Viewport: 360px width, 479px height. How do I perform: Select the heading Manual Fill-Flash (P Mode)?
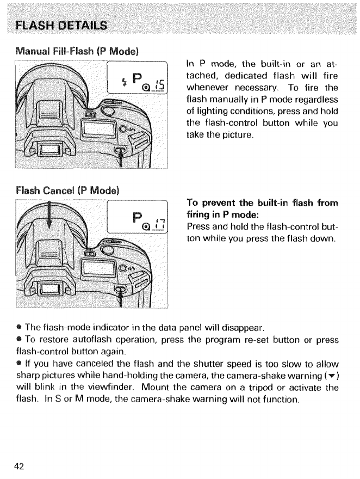tap(77, 52)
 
